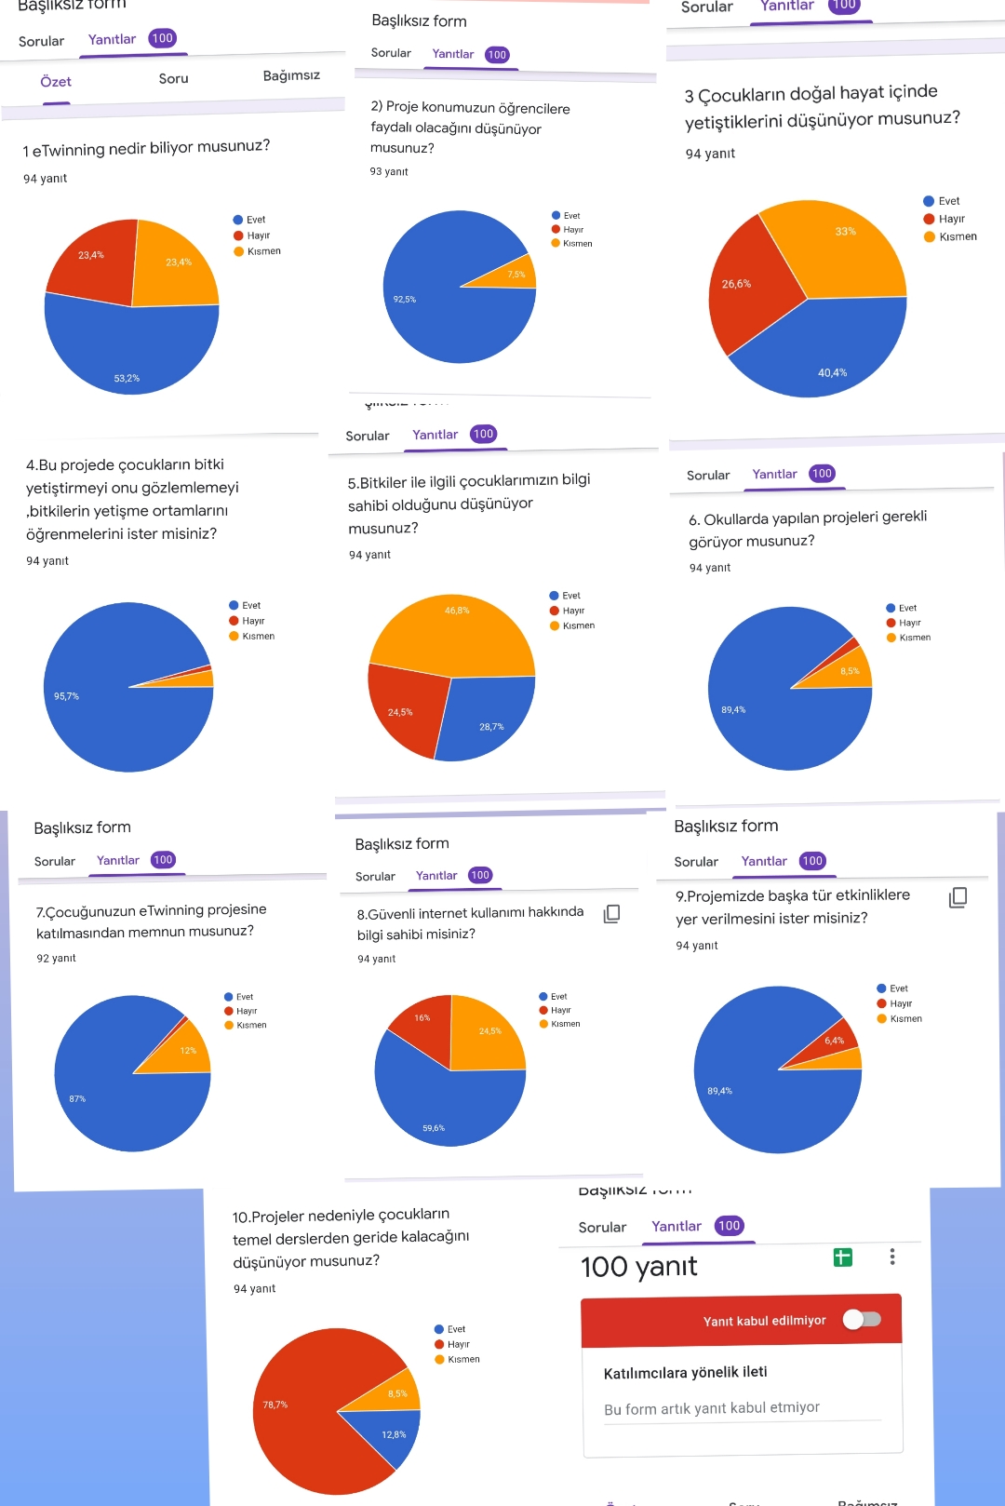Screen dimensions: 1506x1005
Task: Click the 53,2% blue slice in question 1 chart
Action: coord(130,354)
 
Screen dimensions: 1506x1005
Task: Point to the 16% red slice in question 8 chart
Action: coord(424,1022)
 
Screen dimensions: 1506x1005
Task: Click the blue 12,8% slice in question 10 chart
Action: coord(391,1433)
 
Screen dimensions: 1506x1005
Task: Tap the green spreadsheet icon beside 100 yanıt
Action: coord(843,1257)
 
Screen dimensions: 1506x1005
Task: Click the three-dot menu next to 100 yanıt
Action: coord(892,1257)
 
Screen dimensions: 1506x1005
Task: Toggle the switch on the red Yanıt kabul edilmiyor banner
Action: coord(862,1319)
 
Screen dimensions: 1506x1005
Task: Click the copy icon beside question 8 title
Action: coord(611,914)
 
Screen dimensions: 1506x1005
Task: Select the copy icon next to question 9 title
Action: coord(958,897)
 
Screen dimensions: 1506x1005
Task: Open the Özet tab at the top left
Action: coord(56,82)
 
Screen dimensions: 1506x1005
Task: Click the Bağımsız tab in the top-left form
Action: coord(291,75)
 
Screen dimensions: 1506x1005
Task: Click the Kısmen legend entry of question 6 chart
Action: coord(914,638)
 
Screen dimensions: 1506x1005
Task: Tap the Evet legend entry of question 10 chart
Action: coord(455,1329)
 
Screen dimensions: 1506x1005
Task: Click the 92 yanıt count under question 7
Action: coord(56,958)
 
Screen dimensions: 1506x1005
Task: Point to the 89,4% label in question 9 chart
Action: coord(719,1091)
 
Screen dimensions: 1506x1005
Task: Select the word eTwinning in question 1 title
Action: coord(69,149)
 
